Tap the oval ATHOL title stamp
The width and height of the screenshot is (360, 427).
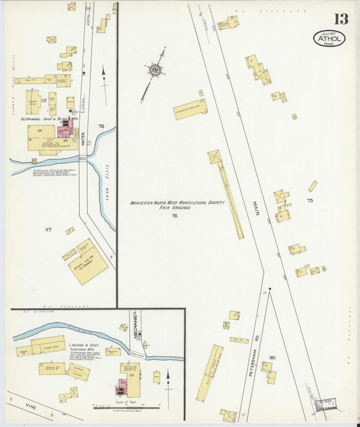pos(329,39)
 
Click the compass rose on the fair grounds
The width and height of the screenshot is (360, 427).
pos(155,69)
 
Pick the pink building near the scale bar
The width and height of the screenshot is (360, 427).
pos(123,387)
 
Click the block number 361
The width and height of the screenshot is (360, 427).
pos(272,357)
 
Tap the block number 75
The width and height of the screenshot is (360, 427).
pos(310,201)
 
